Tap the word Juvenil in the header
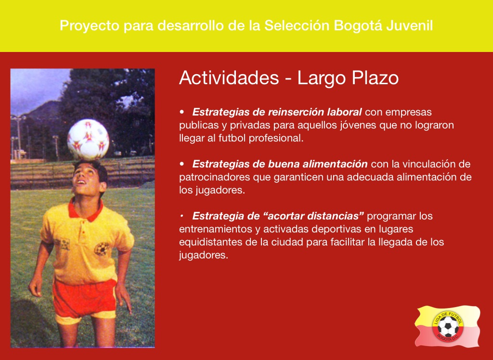(x=409, y=26)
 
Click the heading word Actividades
(x=229, y=77)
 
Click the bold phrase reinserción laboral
(x=315, y=112)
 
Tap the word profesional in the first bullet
(x=276, y=138)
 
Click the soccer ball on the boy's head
(x=88, y=140)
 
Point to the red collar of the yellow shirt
(x=86, y=210)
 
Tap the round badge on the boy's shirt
(x=102, y=249)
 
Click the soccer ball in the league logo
(x=448, y=327)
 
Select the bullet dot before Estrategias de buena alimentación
(x=182, y=164)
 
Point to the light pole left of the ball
(x=19, y=137)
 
